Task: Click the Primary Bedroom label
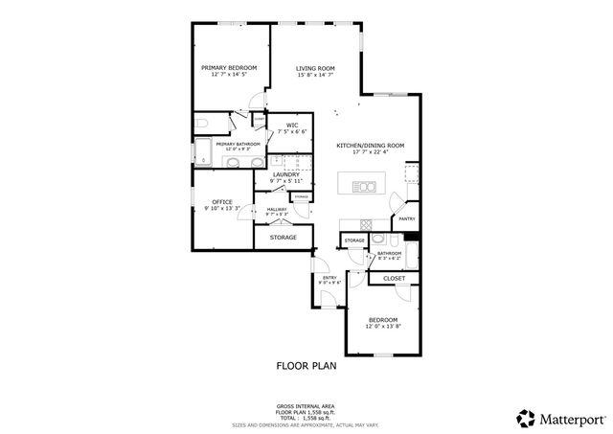click(230, 67)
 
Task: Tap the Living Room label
click(314, 67)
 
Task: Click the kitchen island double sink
click(364, 185)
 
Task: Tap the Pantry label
click(406, 218)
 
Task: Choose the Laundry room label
click(285, 174)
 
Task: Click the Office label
click(222, 201)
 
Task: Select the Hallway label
click(277, 209)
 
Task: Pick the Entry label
click(329, 278)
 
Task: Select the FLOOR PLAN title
click(306, 365)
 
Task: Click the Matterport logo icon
click(525, 418)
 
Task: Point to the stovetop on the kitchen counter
click(412, 173)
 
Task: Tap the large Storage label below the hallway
click(283, 237)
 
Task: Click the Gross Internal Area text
click(306, 406)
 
